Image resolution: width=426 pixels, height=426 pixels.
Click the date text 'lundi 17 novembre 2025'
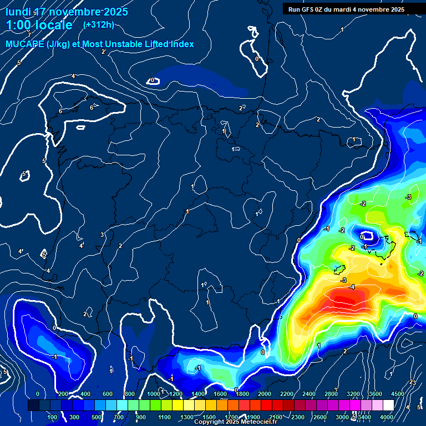pyautogui.click(x=67, y=12)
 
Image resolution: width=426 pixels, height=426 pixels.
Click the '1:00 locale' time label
pyautogui.click(x=39, y=25)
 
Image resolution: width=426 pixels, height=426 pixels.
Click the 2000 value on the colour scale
pyautogui.click(x=265, y=394)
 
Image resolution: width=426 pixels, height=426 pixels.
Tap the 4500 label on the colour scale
pyautogui.click(x=398, y=394)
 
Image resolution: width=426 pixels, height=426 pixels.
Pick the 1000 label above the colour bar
pyautogui.click(x=154, y=394)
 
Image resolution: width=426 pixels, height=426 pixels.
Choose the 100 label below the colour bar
pyautogui.click(x=52, y=417)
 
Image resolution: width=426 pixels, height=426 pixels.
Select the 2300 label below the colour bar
pyautogui.click(x=297, y=417)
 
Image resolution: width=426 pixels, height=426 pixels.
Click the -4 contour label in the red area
pyautogui.click(x=352, y=287)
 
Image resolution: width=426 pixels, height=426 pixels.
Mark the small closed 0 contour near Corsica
pyautogui.click(x=366, y=237)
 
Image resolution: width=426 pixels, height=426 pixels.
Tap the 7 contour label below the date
pyautogui.click(x=29, y=34)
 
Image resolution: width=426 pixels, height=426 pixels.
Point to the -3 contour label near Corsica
pyautogui.click(x=344, y=280)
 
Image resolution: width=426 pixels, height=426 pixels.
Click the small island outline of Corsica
pyautogui.click(x=335, y=270)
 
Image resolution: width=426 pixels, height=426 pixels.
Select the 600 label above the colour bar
pyautogui.click(x=108, y=394)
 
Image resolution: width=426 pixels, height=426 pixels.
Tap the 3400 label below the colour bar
pyautogui.click(x=364, y=417)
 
